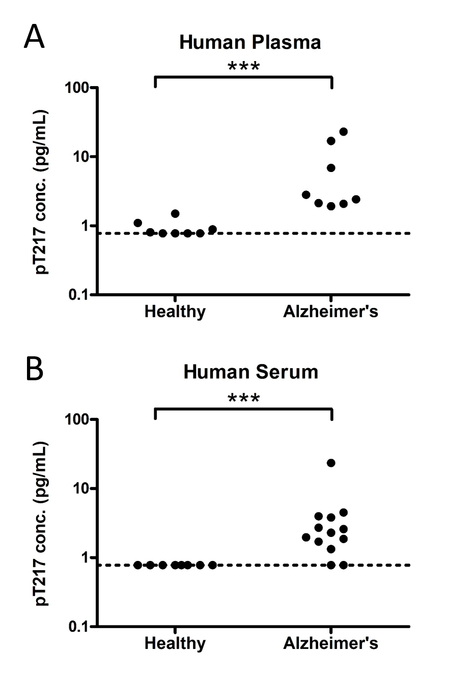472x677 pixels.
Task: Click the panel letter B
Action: (x=34, y=370)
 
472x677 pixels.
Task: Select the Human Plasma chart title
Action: (x=250, y=42)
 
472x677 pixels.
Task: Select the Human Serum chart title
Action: (x=251, y=372)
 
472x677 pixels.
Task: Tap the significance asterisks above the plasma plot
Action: (x=243, y=67)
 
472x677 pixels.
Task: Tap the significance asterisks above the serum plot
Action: (x=243, y=399)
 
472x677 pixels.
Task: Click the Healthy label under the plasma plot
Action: (x=175, y=312)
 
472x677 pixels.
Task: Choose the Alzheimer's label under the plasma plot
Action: (x=330, y=312)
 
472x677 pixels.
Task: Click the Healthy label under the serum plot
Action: (x=175, y=643)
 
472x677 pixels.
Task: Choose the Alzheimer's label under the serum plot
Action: (x=330, y=643)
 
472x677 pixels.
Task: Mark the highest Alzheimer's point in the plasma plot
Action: (x=343, y=132)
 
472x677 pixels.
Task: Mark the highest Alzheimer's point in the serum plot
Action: (x=331, y=463)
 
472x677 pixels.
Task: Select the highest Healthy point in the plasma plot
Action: (x=175, y=214)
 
